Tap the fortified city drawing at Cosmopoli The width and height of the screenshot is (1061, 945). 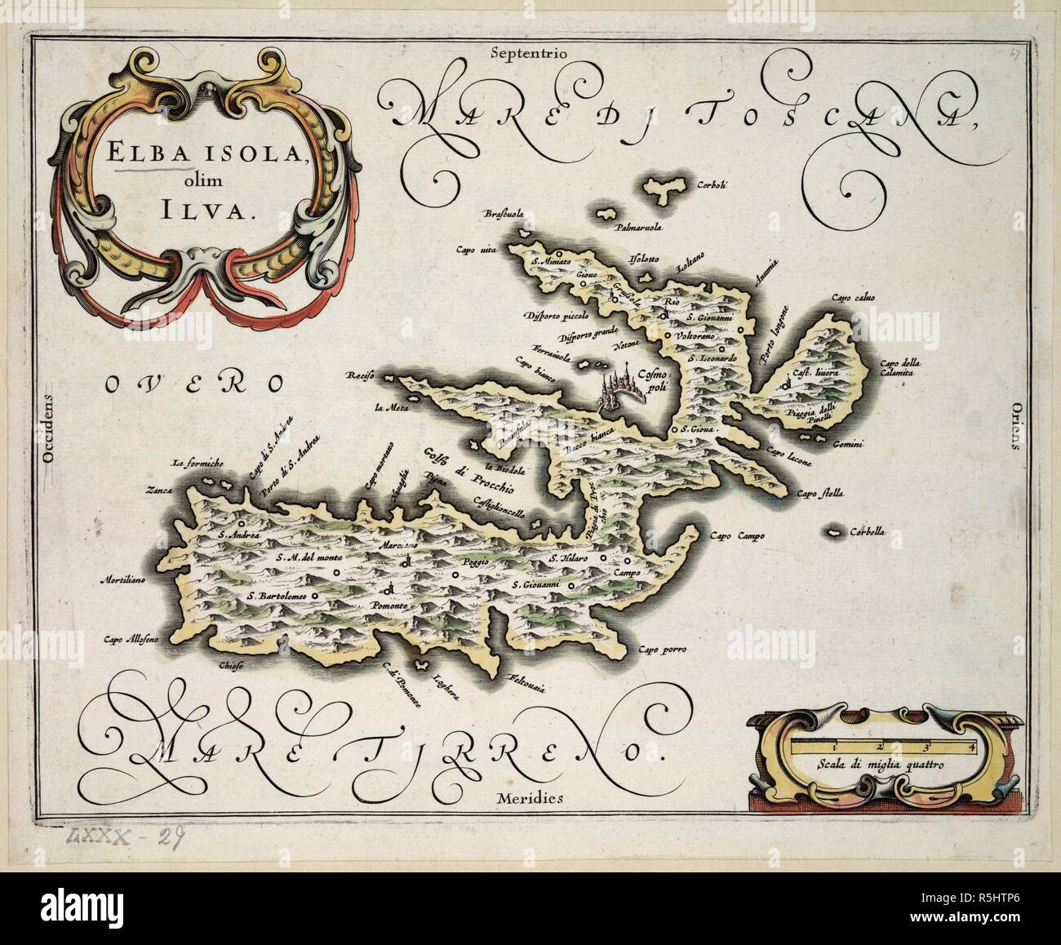click(x=618, y=392)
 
